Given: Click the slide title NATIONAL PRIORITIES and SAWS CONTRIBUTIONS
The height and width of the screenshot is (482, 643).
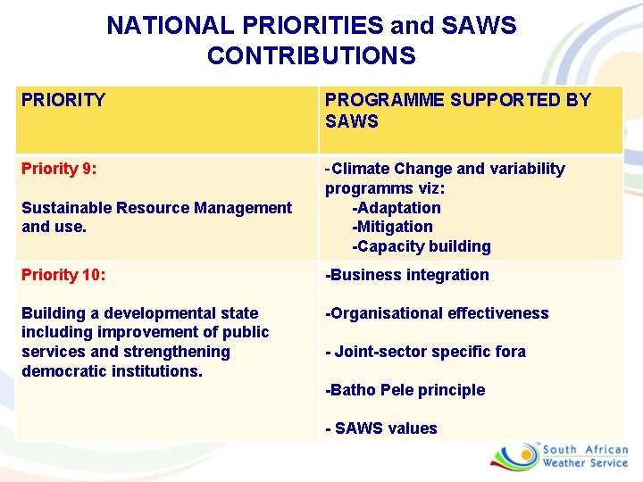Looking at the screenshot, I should click(x=311, y=40).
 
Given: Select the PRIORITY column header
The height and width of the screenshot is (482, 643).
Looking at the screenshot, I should click(x=63, y=100).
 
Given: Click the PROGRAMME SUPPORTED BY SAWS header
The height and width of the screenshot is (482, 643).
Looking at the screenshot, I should click(x=457, y=110).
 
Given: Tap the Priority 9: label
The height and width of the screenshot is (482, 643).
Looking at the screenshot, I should click(x=59, y=169).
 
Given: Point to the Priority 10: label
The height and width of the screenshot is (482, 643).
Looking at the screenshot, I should click(x=63, y=275).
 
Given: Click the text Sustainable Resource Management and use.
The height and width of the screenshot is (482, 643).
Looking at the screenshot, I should click(x=156, y=217).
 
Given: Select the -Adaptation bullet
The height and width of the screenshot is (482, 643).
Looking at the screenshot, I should click(x=397, y=208).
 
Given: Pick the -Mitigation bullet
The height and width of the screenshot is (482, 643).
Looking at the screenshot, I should click(x=392, y=227).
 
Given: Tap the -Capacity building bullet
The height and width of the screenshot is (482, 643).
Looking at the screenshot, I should click(x=421, y=246).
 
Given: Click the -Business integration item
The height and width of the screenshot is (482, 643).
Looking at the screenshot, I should click(x=406, y=275).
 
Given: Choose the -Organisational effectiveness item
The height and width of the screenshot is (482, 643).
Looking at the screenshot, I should click(x=437, y=313).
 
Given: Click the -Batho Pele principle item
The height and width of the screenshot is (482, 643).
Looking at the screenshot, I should click(x=405, y=390).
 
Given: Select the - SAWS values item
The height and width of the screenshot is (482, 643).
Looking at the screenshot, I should click(x=381, y=428).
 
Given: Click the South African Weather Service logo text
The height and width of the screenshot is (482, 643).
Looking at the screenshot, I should click(x=585, y=456).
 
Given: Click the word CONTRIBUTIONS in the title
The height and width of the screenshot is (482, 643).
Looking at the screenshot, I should click(x=311, y=55).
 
